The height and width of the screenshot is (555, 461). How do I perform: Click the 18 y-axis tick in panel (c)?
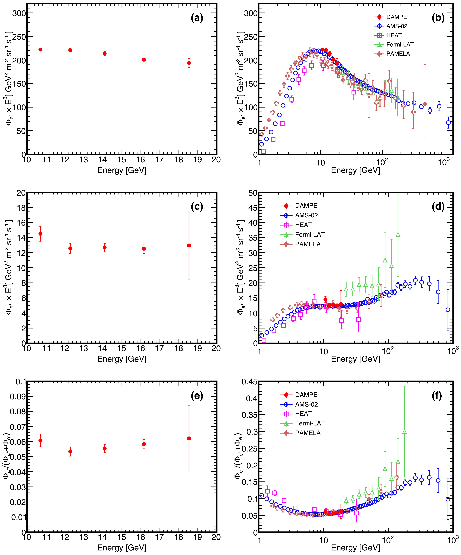[21, 208]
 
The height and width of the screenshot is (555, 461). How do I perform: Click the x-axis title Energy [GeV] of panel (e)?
[122, 548]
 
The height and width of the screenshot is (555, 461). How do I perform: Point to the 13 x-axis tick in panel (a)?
[84, 160]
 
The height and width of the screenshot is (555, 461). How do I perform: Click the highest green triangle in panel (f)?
[404, 432]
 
